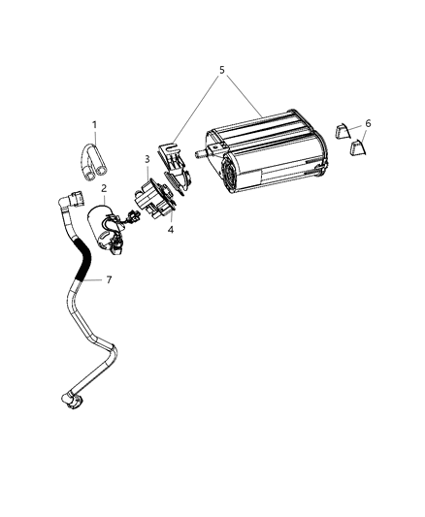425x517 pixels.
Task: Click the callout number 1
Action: [94, 124]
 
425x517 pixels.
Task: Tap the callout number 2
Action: [103, 188]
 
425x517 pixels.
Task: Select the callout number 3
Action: [147, 158]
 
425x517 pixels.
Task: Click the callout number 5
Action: [221, 70]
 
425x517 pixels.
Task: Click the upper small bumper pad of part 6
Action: [343, 131]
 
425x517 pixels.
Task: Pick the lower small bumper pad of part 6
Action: [357, 147]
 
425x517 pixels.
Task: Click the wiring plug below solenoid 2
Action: [119, 248]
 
